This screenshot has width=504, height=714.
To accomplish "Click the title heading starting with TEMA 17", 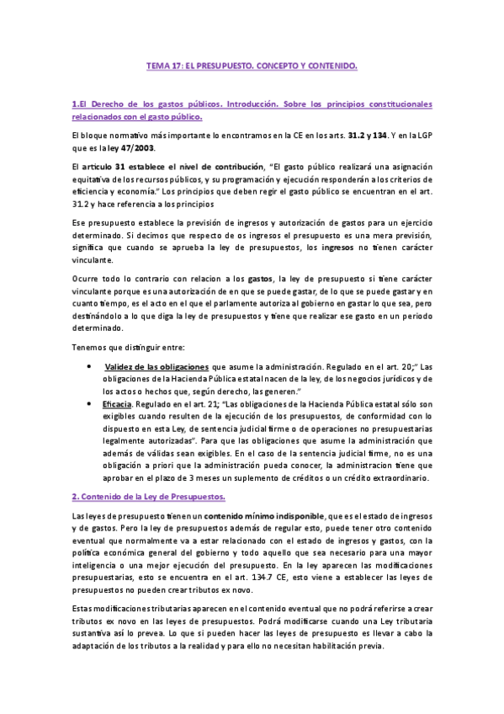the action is pyautogui.click(x=252, y=65).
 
